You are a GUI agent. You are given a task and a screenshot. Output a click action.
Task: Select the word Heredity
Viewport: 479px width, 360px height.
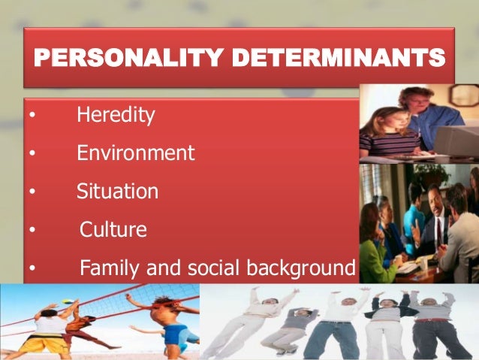[116, 116]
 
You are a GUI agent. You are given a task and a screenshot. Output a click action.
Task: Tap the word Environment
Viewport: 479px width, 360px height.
[135, 154]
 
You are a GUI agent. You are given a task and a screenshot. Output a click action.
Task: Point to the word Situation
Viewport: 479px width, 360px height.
[117, 192]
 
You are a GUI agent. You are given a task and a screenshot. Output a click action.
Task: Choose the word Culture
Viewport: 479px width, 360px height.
[113, 229]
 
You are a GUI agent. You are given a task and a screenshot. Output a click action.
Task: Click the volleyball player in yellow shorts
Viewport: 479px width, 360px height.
[45, 331]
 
